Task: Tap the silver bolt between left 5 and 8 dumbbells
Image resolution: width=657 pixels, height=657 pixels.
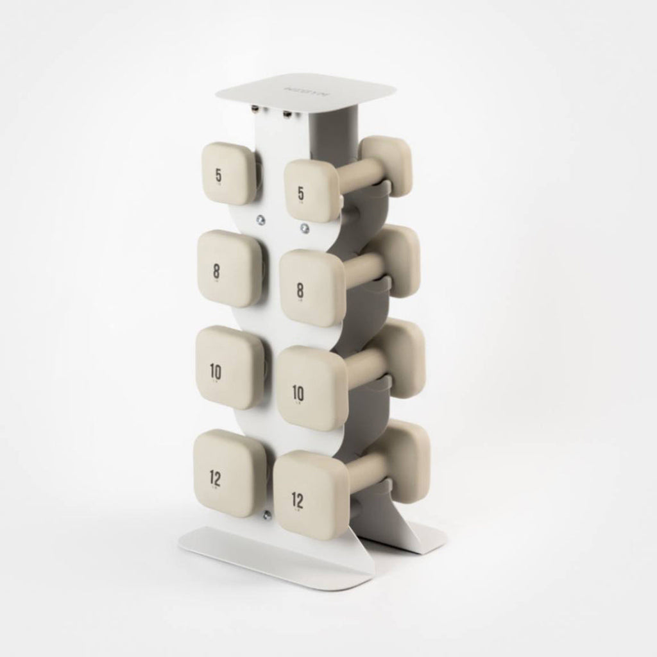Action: tap(260, 219)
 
